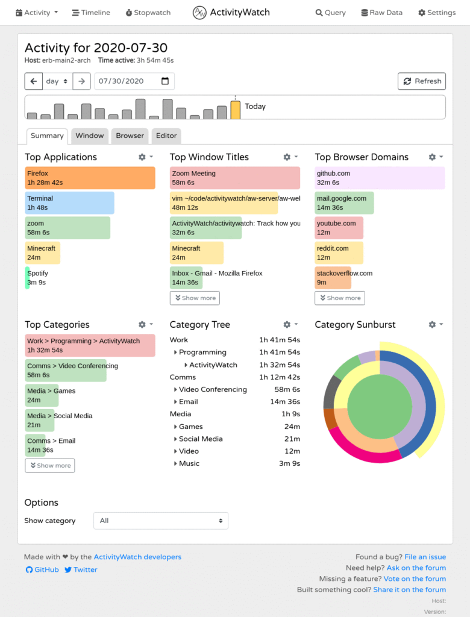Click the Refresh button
coord(422,81)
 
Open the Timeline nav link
coord(91,13)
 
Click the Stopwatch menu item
coord(148,13)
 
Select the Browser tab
coord(130,136)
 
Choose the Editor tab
coord(166,136)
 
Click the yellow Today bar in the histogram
coord(236,110)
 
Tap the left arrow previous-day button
coord(34,81)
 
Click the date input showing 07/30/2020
coord(134,81)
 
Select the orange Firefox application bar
coord(90,178)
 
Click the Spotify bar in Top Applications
coord(28,278)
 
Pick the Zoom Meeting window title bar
coord(234,178)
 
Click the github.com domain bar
coord(380,178)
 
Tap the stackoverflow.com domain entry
coord(333,278)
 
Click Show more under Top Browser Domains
coord(340,298)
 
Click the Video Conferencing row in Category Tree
coord(213,390)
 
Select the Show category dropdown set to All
coord(161,521)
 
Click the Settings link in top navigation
coord(437,13)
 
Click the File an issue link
coord(425,557)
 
